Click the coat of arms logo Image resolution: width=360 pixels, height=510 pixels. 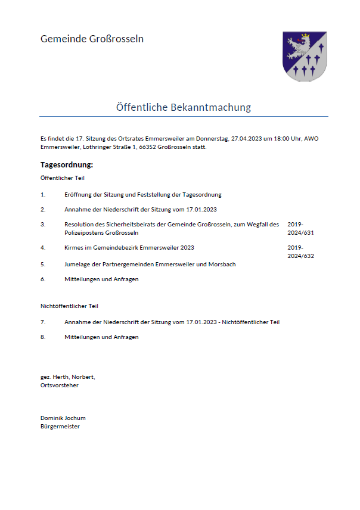coord(304,56)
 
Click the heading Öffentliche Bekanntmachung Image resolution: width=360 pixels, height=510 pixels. coord(184,107)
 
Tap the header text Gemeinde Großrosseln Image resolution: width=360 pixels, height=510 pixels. coord(92,39)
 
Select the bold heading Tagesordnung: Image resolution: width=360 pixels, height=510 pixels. coord(67,165)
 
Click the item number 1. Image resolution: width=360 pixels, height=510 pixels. coord(43,195)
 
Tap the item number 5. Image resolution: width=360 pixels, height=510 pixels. coord(43,264)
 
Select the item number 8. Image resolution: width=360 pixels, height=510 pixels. coord(43,337)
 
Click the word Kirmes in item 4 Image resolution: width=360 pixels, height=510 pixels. coord(75,247)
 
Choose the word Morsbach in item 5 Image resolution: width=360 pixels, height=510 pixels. coord(222,264)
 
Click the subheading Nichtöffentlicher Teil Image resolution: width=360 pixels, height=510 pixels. coord(69,306)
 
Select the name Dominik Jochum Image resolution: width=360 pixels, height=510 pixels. coord(63,418)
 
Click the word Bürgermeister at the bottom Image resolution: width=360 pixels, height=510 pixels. coord(60,427)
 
